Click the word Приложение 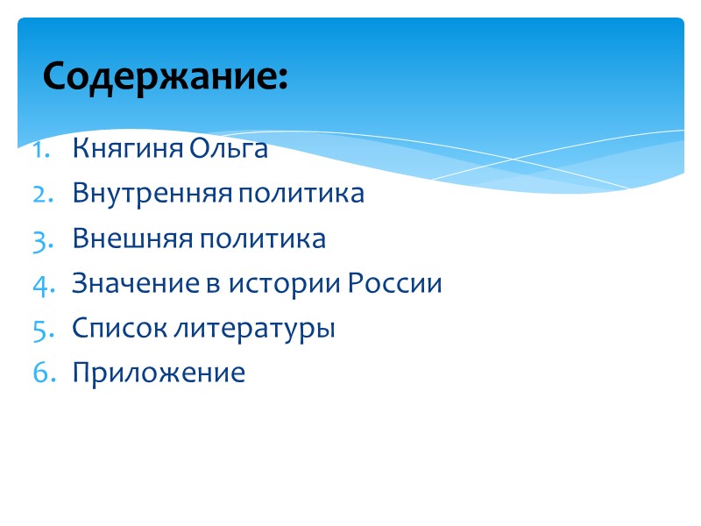[x=159, y=373]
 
